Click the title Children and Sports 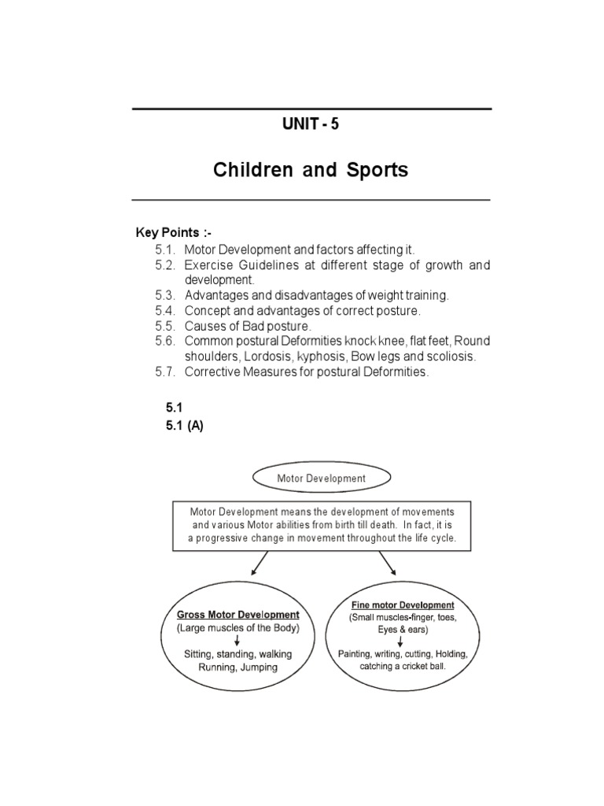point(311,170)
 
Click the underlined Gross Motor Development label point(238,614)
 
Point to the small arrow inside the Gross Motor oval point(238,641)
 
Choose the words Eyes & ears point(402,630)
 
